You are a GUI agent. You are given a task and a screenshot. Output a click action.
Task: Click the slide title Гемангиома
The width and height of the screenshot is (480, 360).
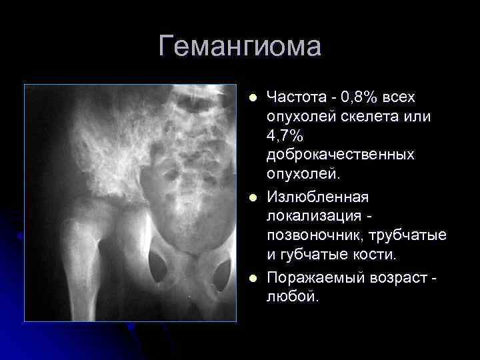[x=240, y=47]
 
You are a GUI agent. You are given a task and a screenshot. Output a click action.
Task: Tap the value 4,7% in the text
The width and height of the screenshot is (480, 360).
[x=285, y=136]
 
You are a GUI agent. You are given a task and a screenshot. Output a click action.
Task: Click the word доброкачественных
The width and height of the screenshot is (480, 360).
[x=340, y=155]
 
